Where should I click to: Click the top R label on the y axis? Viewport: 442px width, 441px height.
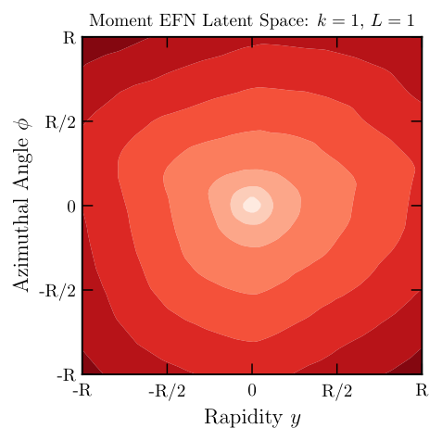tap(68, 38)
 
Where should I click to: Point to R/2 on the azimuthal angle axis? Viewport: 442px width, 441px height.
tap(61, 121)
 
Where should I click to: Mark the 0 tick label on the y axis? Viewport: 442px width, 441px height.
tap(69, 206)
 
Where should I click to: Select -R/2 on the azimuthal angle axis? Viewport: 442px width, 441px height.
tap(58, 290)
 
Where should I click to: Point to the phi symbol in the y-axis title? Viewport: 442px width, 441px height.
tap(23, 121)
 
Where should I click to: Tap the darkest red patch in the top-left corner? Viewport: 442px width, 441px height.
tap(91, 45)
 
